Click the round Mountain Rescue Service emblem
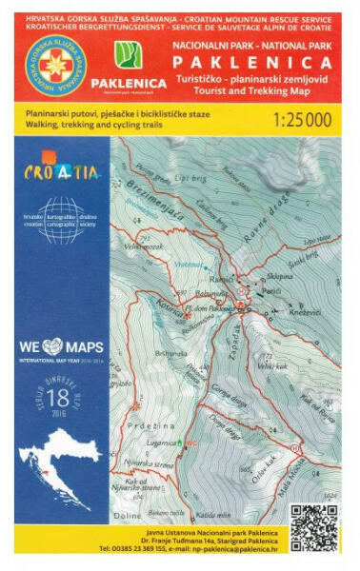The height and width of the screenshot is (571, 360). click(x=55, y=68)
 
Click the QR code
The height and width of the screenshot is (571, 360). click(x=313, y=529)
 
